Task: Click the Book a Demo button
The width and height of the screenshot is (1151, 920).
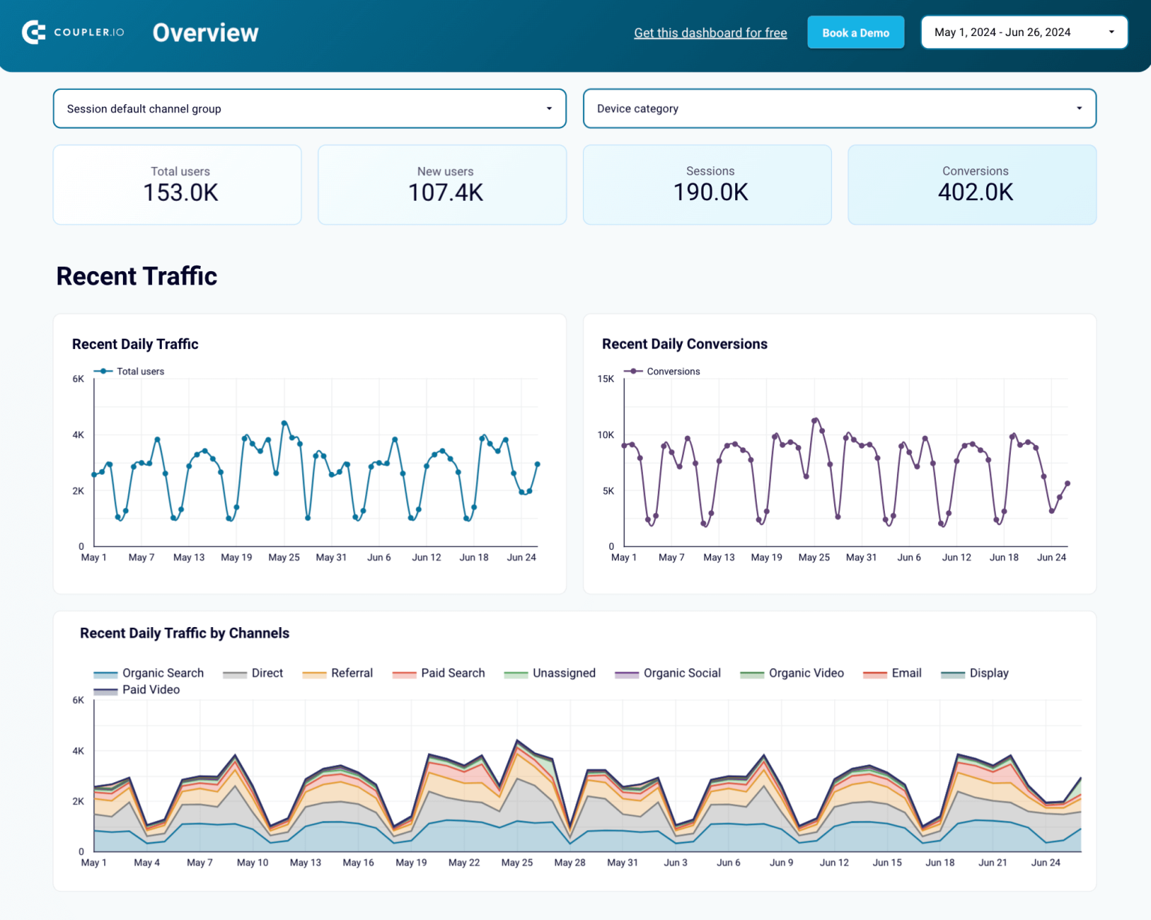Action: tap(855, 33)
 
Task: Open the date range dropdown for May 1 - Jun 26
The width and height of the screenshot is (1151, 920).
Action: tap(1023, 32)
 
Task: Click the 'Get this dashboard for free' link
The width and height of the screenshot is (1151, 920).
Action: tap(710, 33)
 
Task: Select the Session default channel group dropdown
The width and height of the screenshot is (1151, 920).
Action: tap(309, 109)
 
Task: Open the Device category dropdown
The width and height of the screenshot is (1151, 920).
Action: tap(839, 109)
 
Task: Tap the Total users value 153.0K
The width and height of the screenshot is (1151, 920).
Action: tap(181, 193)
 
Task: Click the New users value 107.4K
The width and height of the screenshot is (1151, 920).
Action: tap(445, 193)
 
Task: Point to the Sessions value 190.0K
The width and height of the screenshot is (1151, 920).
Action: tap(710, 193)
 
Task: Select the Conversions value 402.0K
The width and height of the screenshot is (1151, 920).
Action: tap(975, 193)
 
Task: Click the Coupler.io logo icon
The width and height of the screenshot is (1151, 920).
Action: tap(34, 32)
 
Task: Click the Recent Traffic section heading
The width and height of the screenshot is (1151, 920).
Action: tap(136, 276)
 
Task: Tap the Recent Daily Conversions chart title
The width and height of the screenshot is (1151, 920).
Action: tap(684, 344)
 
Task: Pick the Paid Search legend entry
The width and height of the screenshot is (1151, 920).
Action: tap(452, 673)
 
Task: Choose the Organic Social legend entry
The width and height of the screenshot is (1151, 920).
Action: tap(681, 673)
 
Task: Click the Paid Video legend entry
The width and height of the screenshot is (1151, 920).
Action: tap(151, 690)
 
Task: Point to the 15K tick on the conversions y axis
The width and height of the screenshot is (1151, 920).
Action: tap(605, 379)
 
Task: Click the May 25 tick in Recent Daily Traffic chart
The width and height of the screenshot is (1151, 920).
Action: tap(284, 557)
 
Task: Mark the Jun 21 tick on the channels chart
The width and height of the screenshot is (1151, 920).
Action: tap(992, 862)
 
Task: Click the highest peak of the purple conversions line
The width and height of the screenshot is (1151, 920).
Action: tap(815, 420)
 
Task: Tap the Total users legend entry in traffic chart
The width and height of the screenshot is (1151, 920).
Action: tap(139, 372)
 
